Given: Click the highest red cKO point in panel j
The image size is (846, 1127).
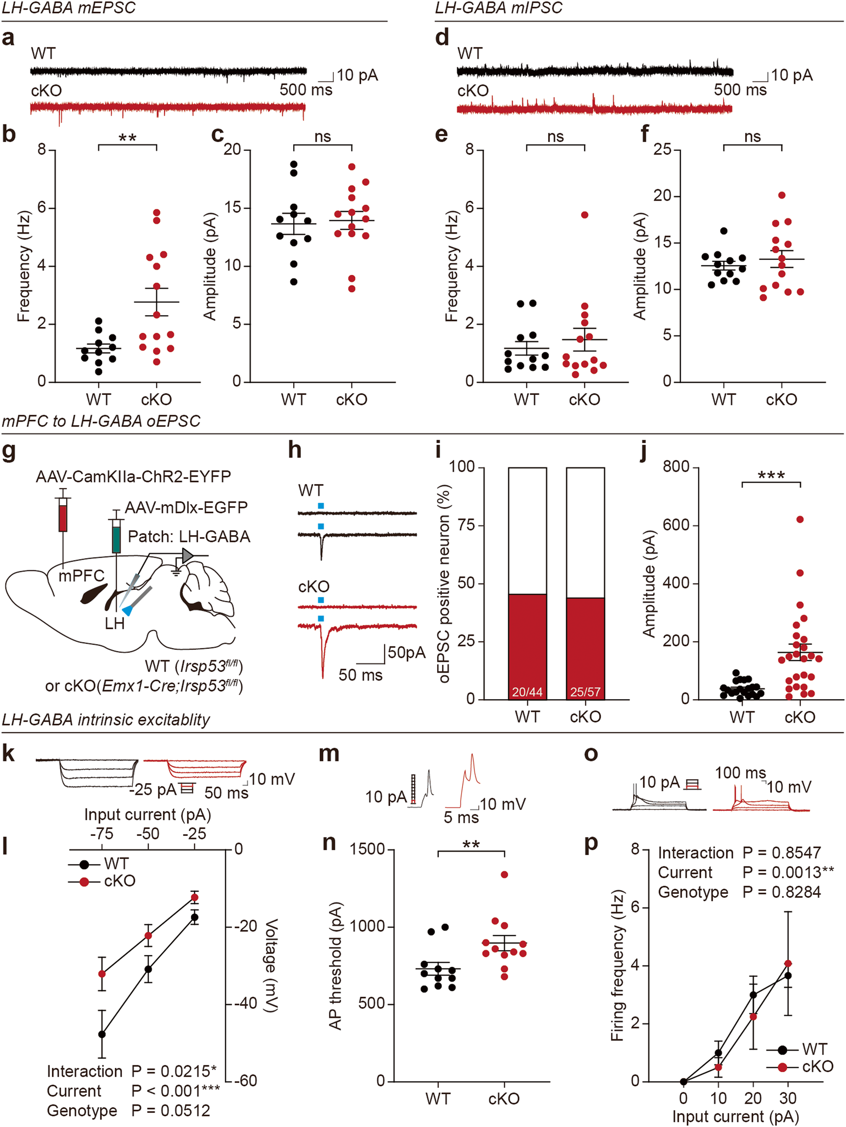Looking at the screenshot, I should [x=799, y=519].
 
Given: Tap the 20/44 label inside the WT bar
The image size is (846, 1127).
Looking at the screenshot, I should [x=527, y=692].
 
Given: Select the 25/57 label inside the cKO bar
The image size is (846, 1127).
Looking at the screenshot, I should [x=585, y=692].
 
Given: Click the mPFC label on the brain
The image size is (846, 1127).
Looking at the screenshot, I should [x=81, y=576].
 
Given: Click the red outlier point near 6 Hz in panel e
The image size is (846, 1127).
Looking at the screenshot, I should [x=585, y=215].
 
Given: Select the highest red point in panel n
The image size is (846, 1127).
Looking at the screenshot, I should [x=504, y=874].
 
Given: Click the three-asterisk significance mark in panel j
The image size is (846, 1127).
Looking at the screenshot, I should [x=771, y=475].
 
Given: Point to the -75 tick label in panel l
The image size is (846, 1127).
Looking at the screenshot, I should [x=101, y=833].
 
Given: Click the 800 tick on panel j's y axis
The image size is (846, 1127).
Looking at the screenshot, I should [x=676, y=466].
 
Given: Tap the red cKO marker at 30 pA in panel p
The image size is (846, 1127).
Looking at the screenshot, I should [x=788, y=963].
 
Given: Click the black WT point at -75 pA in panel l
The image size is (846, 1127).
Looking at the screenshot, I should [x=102, y=1034].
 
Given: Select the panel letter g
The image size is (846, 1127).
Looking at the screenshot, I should [x=9, y=451].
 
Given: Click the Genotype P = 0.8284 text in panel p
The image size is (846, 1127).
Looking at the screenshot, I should [x=739, y=892].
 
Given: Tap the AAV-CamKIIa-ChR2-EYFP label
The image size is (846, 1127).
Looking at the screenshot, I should [x=133, y=476].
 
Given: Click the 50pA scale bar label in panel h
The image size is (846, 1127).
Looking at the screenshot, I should [x=406, y=653].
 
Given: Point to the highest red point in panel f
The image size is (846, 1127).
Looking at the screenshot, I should [x=782, y=195].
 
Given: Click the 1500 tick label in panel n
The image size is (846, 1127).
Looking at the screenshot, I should [x=367, y=849].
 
